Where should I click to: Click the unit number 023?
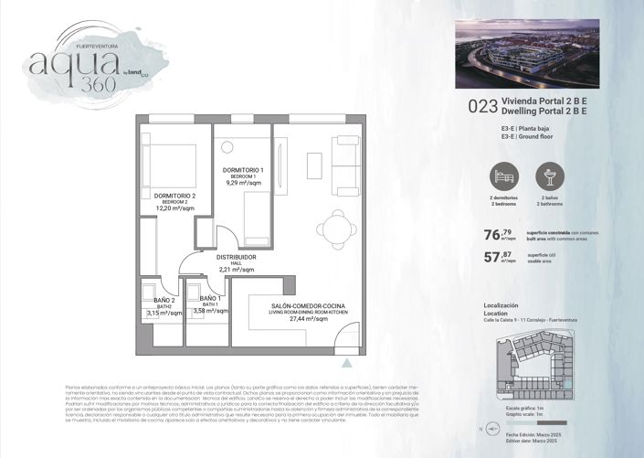pos(482,105)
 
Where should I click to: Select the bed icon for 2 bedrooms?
pos(504,176)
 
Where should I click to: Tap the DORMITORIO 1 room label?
pos(243,171)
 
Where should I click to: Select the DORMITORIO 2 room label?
pos(174,197)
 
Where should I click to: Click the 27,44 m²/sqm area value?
pos(295,325)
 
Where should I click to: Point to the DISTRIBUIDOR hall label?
pos(236,258)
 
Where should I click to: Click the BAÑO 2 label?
pos(164,300)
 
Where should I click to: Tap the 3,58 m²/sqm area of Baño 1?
pos(211,312)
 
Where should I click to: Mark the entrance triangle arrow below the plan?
pos(344,363)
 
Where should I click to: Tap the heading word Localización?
pos(500,304)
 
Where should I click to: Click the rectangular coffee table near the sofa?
pos(314,164)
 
